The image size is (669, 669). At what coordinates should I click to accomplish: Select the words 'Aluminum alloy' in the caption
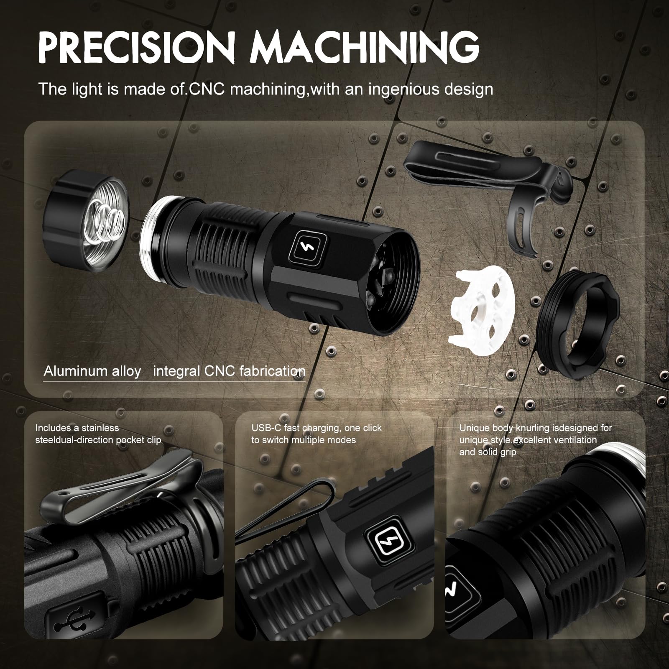tap(92, 371)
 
